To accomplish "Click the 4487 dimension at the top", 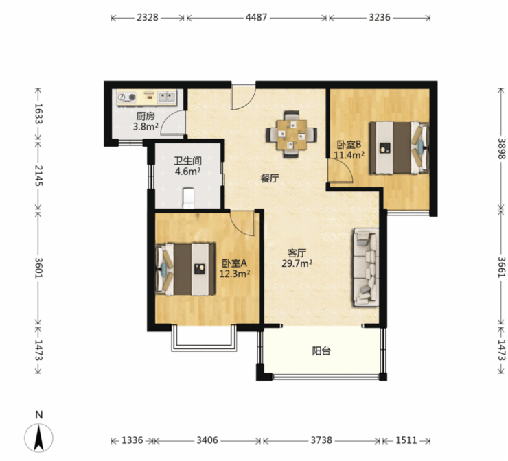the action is point(256,17).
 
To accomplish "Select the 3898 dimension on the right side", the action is point(501,148).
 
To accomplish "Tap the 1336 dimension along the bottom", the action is point(132,440).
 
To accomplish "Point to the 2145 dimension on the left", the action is point(39,176).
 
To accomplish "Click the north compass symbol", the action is point(39,433).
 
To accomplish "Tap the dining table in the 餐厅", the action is point(292,134).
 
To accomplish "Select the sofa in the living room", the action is point(366,268).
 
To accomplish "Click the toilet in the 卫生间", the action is point(189,198).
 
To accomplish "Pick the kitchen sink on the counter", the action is point(167,97).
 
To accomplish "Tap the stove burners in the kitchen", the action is point(127,97).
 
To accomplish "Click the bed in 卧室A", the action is point(185,270).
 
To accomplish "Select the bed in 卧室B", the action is point(400,147).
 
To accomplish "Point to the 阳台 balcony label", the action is point(321,351).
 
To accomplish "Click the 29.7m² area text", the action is point(297,263).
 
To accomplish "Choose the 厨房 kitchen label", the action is point(146,116).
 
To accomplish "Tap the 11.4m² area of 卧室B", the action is point(349,155).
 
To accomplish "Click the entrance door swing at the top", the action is point(244,97).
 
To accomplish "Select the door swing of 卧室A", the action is point(243,223).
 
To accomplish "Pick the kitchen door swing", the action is point(173,122).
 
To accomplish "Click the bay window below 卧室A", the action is point(204,338).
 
